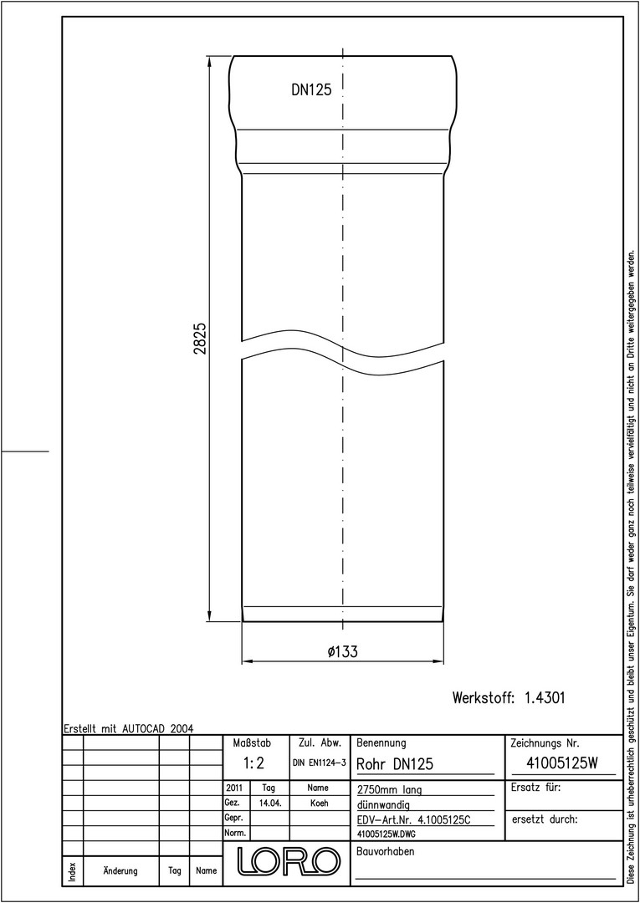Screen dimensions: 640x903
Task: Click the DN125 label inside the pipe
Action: [x=312, y=89]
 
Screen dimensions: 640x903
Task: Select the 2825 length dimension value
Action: [x=201, y=339]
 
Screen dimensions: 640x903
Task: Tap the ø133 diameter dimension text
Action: [x=343, y=652]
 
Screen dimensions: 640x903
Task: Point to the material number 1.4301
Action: [x=545, y=698]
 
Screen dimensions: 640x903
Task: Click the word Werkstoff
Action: [x=483, y=698]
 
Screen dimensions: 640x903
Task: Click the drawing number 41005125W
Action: [x=563, y=763]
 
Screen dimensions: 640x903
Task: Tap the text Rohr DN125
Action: [x=395, y=764]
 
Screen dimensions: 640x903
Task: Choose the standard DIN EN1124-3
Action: [x=319, y=763]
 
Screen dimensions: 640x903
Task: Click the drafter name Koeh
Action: [x=319, y=804]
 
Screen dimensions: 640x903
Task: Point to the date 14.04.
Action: [x=269, y=804]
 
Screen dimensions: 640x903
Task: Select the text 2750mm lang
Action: [x=389, y=789]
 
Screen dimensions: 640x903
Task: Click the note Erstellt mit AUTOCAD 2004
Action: [x=129, y=728]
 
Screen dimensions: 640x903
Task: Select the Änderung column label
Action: [x=120, y=871]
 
